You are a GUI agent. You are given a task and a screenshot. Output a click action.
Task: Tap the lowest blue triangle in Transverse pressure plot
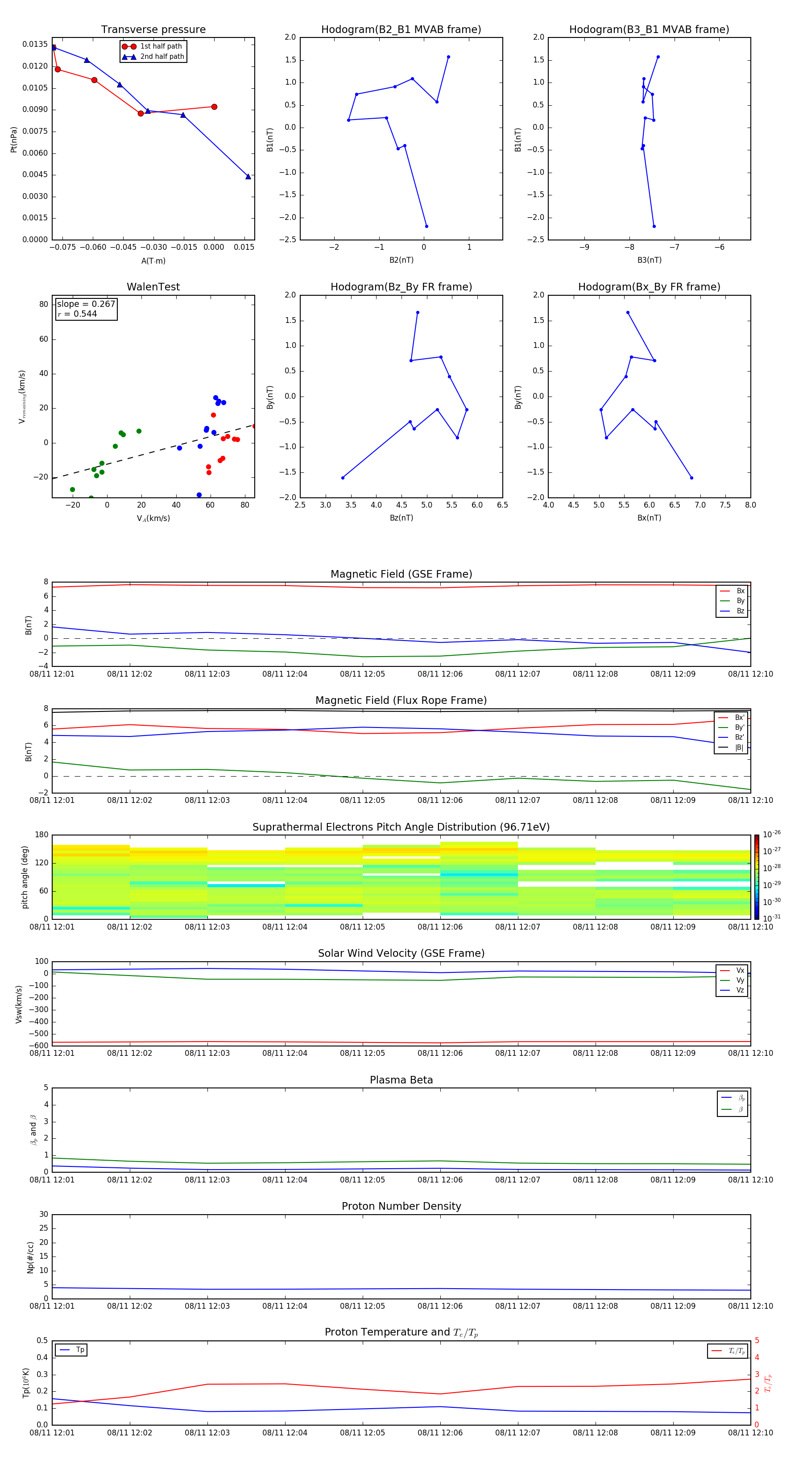(x=248, y=177)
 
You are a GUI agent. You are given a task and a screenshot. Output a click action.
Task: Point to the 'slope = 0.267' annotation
(x=86, y=304)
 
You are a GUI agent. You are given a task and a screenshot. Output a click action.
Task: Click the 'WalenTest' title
(x=153, y=287)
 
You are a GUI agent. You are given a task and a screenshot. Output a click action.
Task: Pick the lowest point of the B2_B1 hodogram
(x=426, y=226)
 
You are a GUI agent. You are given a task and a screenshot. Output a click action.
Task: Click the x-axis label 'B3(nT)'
(x=649, y=260)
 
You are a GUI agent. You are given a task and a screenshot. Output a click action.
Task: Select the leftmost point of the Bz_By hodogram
(x=343, y=478)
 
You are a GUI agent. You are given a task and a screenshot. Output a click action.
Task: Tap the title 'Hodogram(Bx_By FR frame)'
(x=649, y=287)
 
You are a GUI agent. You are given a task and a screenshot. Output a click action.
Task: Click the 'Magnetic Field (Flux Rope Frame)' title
(x=401, y=701)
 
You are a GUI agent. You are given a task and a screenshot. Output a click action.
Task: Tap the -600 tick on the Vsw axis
(x=39, y=1046)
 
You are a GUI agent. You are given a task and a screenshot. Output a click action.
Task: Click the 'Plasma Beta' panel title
(x=401, y=1080)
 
